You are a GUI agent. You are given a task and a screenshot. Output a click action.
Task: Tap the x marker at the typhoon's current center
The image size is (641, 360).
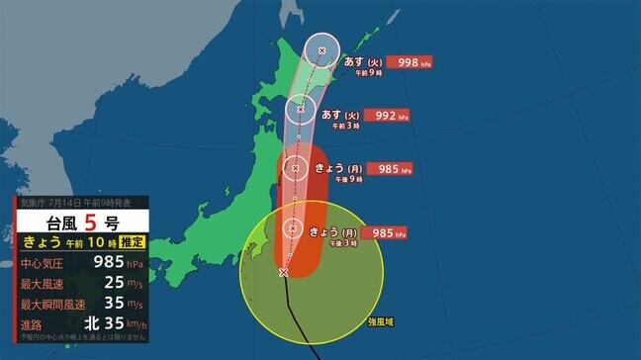[x=284, y=272]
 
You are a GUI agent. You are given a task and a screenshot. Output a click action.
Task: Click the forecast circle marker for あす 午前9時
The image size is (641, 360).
[x=321, y=49]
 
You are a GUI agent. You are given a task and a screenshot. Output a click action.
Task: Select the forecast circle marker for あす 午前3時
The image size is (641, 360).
[x=302, y=109]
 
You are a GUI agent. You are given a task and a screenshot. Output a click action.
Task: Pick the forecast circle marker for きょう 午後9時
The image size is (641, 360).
[x=295, y=168]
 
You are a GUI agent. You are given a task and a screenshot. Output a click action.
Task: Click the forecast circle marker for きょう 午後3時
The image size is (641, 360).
[x=293, y=228]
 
